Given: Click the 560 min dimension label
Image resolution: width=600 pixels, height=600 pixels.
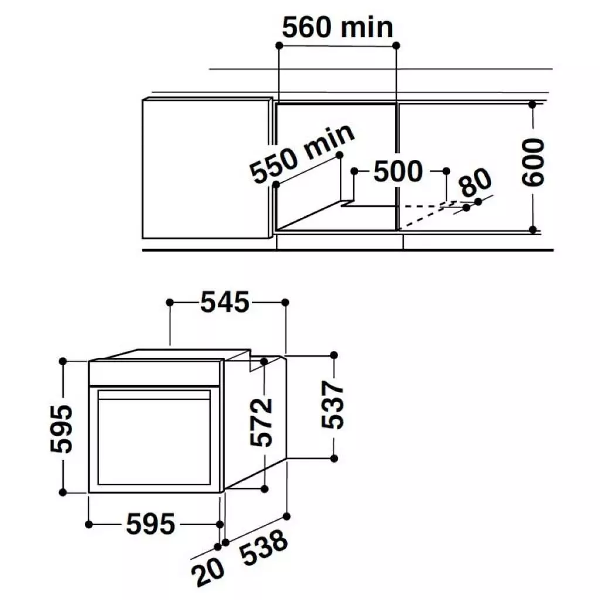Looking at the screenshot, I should pos(337,27).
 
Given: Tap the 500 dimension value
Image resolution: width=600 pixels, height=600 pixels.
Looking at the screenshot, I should pos(397,171).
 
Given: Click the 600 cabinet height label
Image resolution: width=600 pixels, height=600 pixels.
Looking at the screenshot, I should pos(533,162).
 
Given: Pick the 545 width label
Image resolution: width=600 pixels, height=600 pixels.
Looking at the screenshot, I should pos(225,302).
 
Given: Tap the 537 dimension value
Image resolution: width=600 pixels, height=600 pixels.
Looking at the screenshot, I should pos(332,405).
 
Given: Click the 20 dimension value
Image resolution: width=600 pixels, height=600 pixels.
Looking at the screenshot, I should pos(209,572).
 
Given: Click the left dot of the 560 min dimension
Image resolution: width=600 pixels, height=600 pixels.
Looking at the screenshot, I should pos(278,45).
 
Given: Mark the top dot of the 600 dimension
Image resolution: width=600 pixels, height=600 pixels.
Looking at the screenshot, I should pos(532,104).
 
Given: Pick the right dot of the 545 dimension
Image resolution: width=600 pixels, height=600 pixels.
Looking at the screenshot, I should pos(285,302).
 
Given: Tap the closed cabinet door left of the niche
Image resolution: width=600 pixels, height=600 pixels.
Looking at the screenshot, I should pos(206,168).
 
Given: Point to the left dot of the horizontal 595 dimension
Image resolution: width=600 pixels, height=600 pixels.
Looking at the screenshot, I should pos(88,523).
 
